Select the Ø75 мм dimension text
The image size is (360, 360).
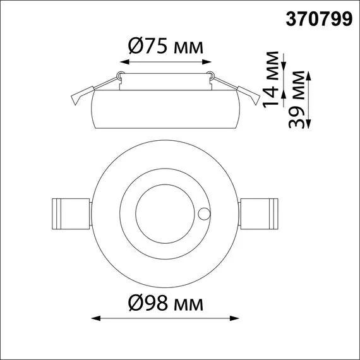[x=165, y=47]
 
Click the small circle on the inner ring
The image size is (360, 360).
[x=203, y=213]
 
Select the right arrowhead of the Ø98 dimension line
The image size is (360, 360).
[x=237, y=318]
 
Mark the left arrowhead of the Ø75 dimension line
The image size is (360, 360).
[x=123, y=62]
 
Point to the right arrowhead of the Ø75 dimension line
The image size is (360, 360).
[x=210, y=62]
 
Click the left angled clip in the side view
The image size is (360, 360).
[x=78, y=97]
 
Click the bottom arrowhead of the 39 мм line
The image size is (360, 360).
[x=309, y=126]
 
